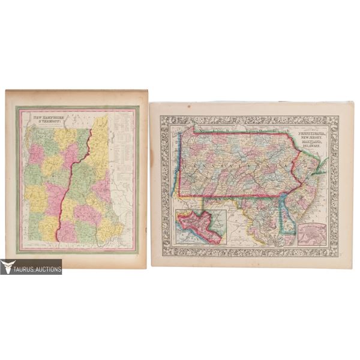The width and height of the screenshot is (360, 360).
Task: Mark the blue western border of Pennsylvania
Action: click(175, 168)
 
